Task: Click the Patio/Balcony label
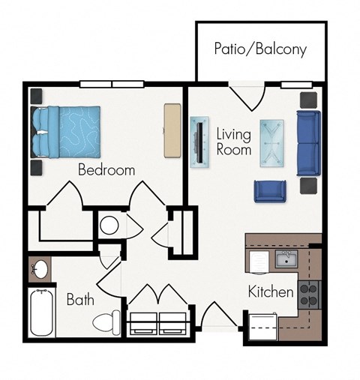260,50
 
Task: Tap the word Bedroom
106,170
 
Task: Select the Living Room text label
233,141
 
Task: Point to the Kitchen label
270,292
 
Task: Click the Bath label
80,300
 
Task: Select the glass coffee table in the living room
273,142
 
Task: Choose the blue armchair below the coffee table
269,192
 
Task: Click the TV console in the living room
199,142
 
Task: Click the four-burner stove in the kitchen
309,294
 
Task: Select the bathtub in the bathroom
42,312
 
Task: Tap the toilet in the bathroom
106,321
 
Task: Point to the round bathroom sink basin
38,268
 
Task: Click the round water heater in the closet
109,225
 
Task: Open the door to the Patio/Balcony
247,95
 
